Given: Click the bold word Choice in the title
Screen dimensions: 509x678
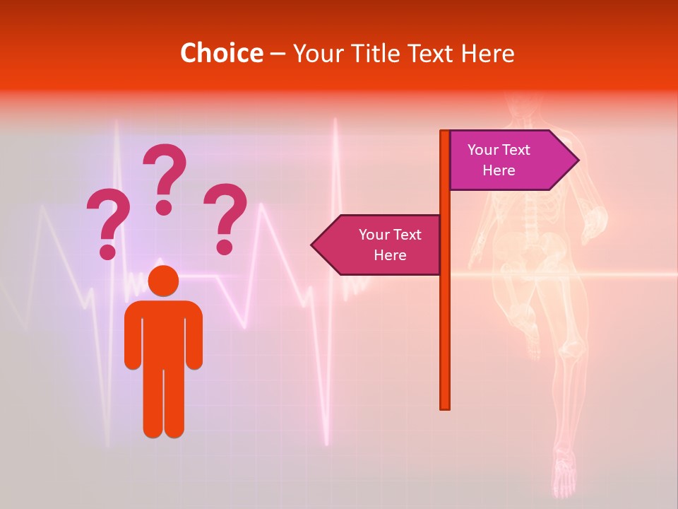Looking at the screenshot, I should tap(221, 53).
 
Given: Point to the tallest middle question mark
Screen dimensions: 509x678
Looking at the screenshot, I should tap(165, 178).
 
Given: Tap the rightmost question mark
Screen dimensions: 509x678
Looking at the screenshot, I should tap(225, 218).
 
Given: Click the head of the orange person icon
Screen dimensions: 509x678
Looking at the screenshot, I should tap(163, 281).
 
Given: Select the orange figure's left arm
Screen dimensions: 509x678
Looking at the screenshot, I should tap(132, 336).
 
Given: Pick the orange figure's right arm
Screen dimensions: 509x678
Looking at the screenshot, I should tap(194, 336).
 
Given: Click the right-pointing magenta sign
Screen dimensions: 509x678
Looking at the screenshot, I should tap(509, 160).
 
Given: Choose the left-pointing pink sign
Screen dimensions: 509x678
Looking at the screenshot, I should tap(381, 245).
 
